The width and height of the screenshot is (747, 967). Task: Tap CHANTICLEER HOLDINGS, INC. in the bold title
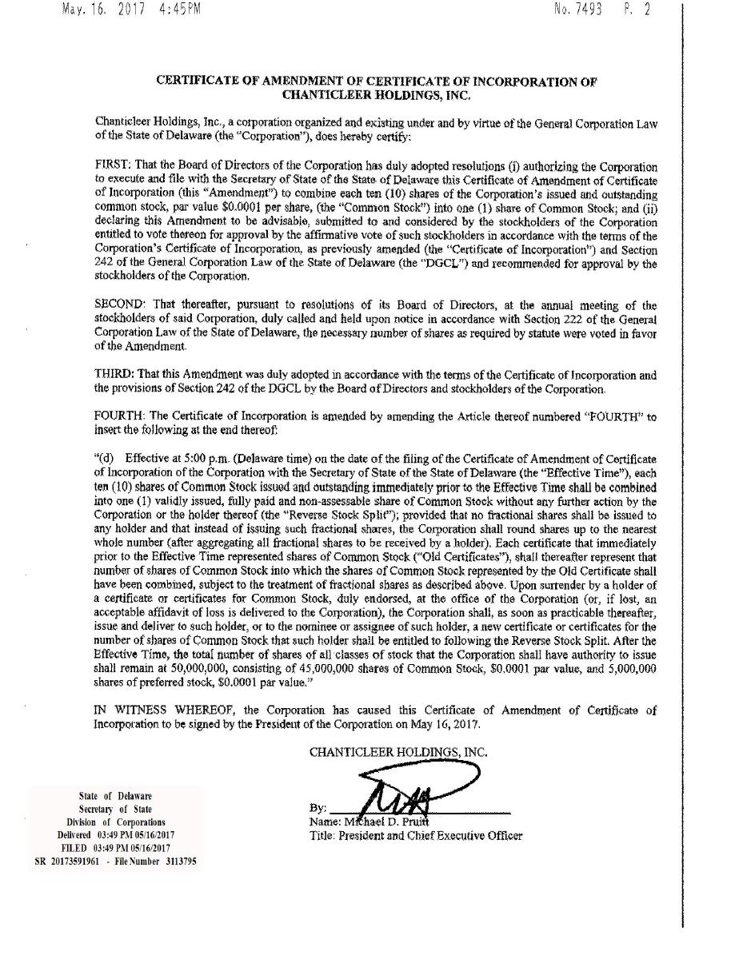point(377,95)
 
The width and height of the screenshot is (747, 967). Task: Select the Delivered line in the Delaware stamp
point(116,834)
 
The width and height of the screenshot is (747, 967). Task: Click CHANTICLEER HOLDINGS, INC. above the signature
point(398,752)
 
